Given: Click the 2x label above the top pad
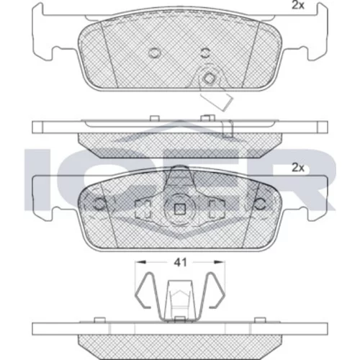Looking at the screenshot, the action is point(298,5).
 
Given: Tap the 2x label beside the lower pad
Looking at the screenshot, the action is point(298,168).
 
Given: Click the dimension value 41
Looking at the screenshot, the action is point(180,263).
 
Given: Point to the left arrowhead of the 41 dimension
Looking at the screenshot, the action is point(140,262).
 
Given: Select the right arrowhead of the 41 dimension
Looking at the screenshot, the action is point(220,262).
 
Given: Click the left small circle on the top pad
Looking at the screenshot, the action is point(154,53).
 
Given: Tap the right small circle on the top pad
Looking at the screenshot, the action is point(205,53).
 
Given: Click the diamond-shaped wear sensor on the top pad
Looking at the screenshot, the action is point(210,78).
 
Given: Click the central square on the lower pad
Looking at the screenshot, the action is point(179,210).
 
